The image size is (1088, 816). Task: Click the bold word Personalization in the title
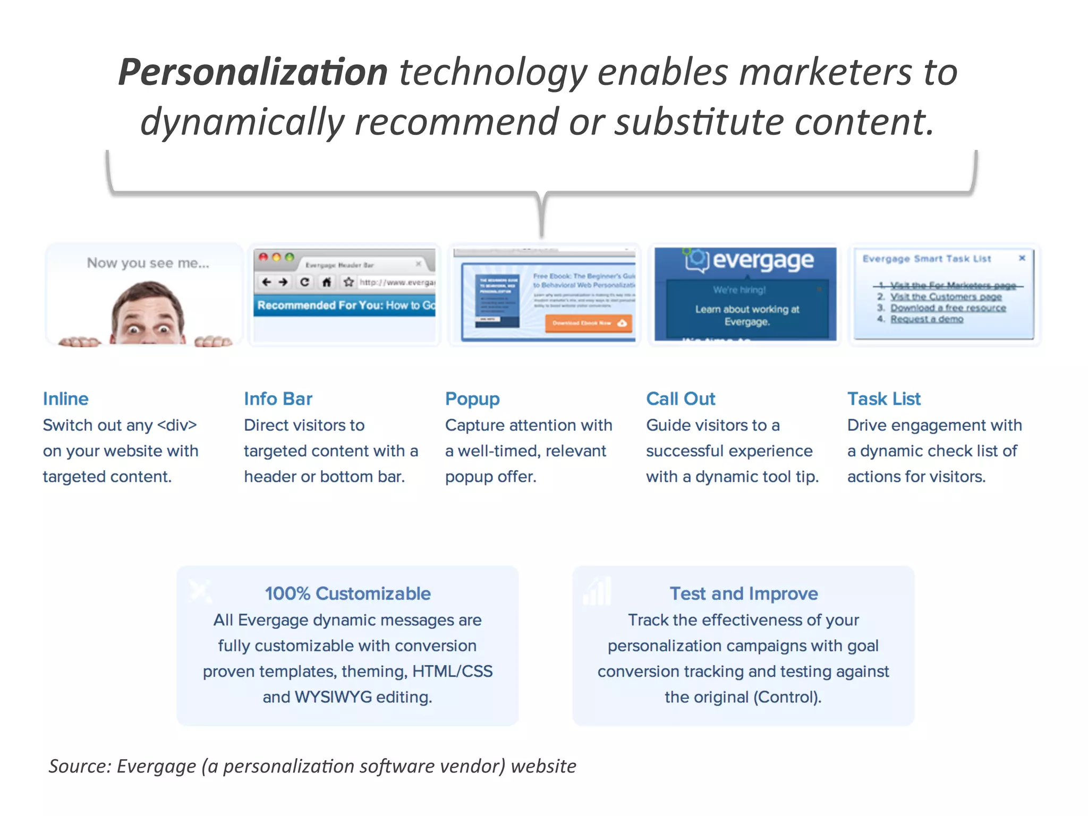253,72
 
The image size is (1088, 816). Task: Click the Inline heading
65,399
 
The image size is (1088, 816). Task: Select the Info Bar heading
278,399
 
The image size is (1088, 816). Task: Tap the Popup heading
472,399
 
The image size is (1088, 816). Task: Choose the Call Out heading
681,399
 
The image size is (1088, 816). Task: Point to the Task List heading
883,399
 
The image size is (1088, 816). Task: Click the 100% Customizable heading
347,593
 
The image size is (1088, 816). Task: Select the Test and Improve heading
743,593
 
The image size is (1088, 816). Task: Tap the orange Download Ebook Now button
588,323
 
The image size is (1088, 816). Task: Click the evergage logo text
762,260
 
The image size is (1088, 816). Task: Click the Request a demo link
926,319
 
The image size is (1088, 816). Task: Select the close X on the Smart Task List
1022,258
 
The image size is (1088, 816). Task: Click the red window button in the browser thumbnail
263,257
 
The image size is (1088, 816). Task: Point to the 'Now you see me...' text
148,263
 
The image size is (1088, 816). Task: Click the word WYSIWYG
333,697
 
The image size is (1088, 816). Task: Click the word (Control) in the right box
787,697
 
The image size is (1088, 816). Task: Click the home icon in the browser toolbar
327,282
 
